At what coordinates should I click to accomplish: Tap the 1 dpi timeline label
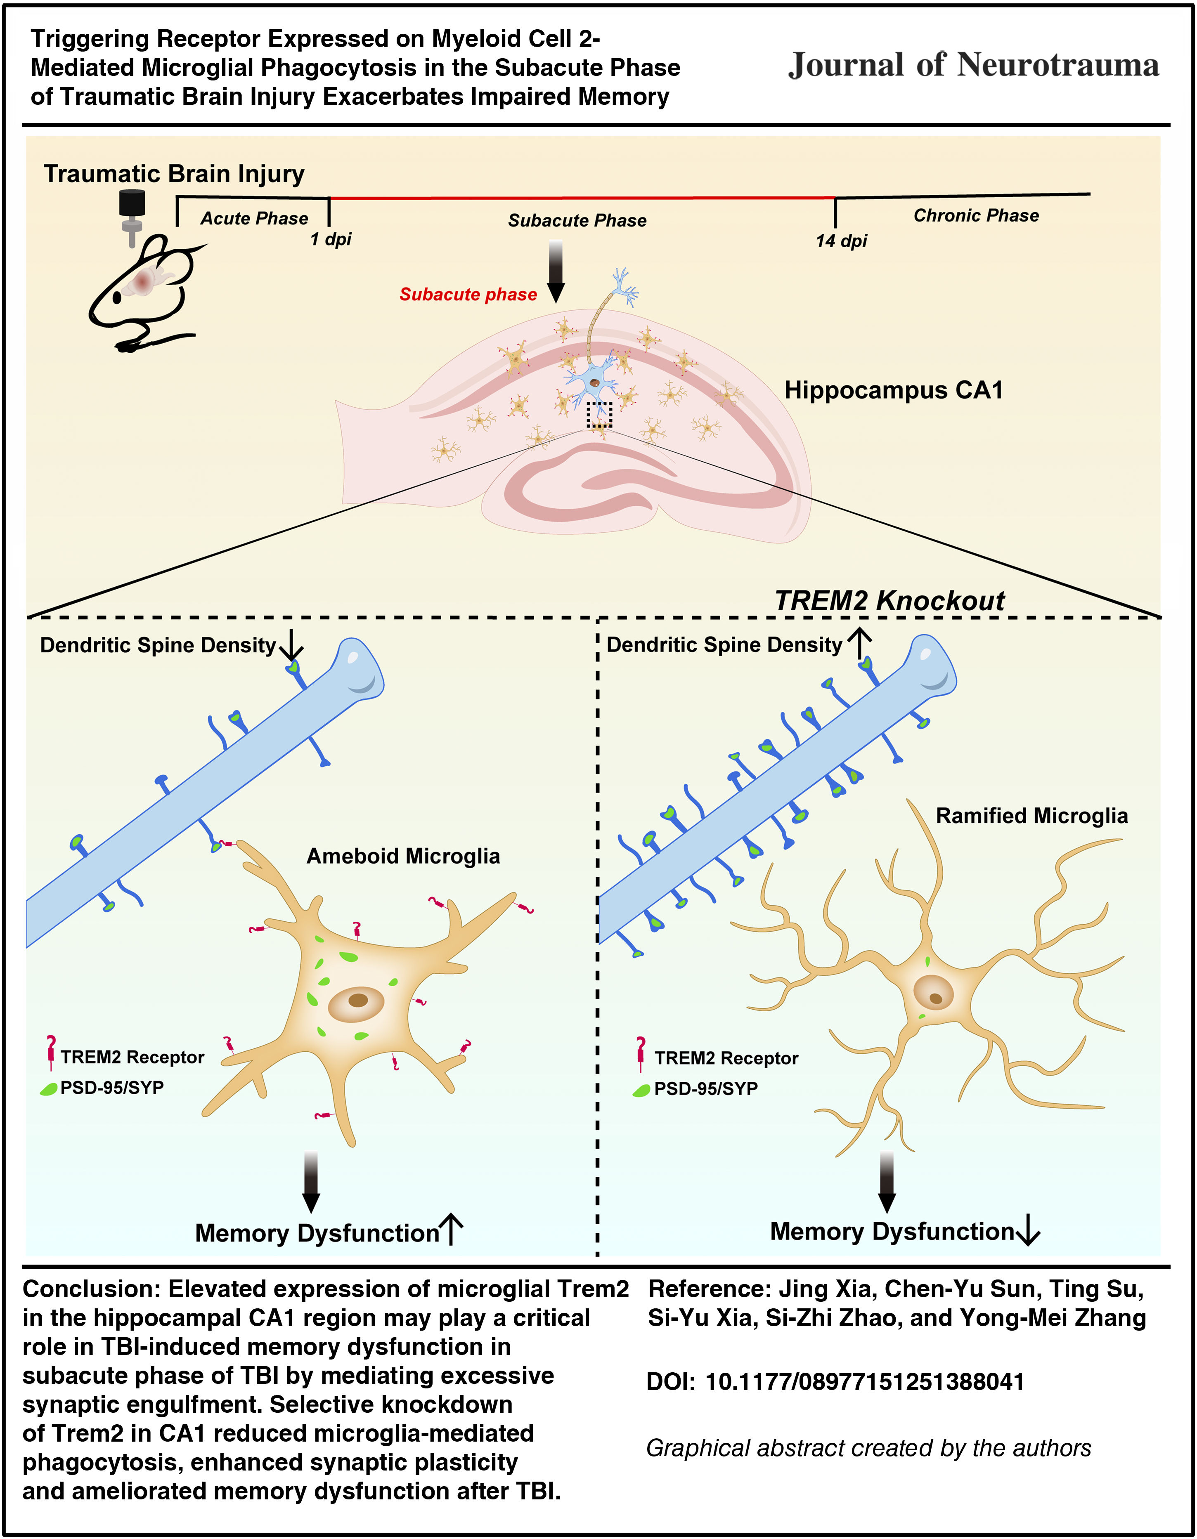pos(331,240)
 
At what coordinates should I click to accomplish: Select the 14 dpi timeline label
pos(841,241)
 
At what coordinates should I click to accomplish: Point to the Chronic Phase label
pos(976,216)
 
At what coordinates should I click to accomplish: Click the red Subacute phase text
pos(468,295)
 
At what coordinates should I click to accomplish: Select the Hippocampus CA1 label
pos(893,389)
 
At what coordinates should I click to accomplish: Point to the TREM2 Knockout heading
pos(889,600)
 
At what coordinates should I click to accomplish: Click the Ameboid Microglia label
pos(403,856)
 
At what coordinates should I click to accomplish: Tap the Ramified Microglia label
pos(1031,815)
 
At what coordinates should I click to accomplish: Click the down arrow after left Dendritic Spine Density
pos(291,644)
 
